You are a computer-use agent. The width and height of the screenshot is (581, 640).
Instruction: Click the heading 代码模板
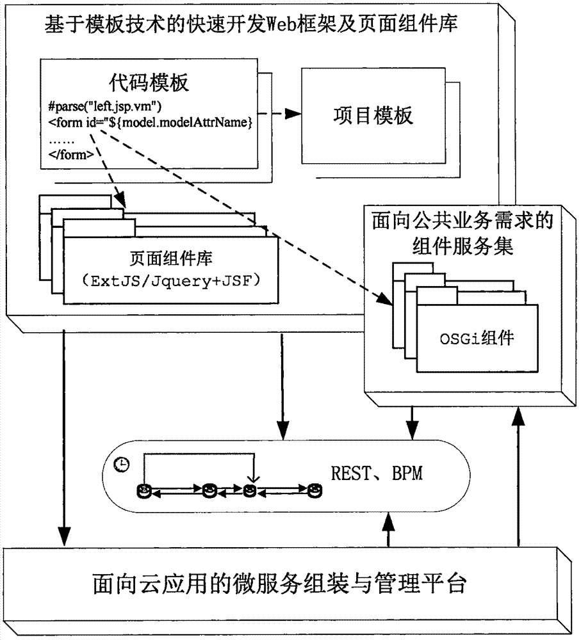pyautogui.click(x=144, y=85)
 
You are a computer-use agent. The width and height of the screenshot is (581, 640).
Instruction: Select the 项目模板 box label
pyautogui.click(x=374, y=116)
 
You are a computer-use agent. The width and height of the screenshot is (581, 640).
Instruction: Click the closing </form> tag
pyautogui.click(x=71, y=155)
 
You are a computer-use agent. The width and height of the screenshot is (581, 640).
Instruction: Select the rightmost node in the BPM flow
pyautogui.click(x=314, y=491)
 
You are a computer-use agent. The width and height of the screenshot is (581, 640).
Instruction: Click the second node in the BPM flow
pyautogui.click(x=209, y=491)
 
